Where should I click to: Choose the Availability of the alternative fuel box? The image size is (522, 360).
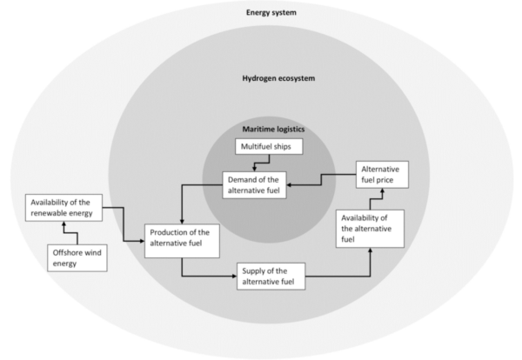[371, 228]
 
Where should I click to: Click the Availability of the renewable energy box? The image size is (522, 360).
[63, 209]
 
